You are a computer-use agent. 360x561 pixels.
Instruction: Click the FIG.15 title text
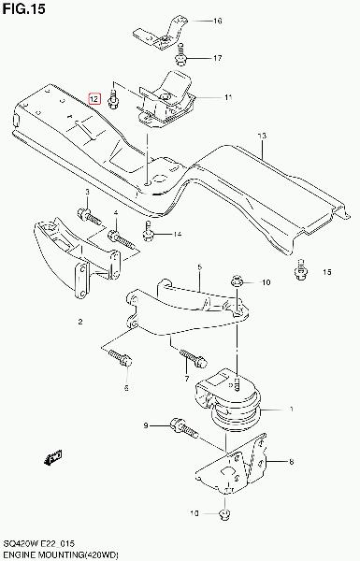pos(24,9)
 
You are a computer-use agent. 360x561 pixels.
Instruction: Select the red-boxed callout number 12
pos(94,98)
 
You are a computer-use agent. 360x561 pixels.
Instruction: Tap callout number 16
pos(218,21)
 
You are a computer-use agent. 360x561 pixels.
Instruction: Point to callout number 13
pos(263,136)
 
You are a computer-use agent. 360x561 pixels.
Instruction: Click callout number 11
pos(228,97)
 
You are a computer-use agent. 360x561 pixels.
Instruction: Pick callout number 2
pos(80,322)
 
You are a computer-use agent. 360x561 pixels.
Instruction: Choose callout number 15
pos(326,272)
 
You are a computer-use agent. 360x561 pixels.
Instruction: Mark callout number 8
pos(292,462)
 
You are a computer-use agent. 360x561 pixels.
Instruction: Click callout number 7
pos(186,379)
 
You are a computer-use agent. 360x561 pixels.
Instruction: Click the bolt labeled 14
pos(148,231)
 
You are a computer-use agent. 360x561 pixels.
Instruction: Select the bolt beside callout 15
pos(300,269)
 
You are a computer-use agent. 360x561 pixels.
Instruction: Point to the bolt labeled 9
pos(184,427)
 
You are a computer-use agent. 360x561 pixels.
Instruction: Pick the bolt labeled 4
pos(122,239)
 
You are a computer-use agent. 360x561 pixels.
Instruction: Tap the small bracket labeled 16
pos(162,34)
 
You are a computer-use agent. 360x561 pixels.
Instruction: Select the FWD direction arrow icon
pos(53,457)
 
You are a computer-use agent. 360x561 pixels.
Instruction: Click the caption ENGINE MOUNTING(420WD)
pos(60,554)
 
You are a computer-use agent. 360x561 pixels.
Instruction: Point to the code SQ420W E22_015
pos(38,544)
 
